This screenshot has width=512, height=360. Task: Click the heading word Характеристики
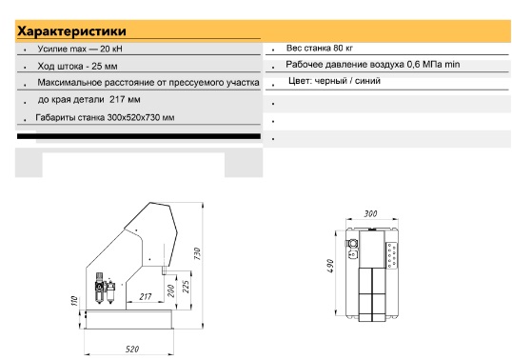[x=71, y=31]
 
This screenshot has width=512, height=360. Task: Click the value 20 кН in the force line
[x=111, y=49]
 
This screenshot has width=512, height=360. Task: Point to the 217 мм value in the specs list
[x=125, y=99]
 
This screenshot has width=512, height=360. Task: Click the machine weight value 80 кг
[x=343, y=48]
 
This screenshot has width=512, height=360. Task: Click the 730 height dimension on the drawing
[x=197, y=254]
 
